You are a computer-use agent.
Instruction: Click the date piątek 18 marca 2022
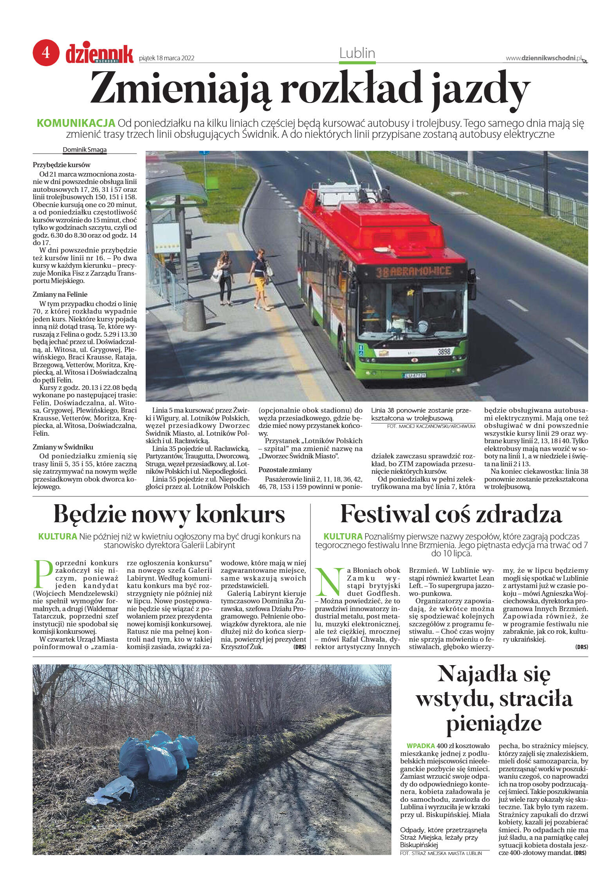(x=167, y=58)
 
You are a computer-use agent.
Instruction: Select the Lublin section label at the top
(x=357, y=53)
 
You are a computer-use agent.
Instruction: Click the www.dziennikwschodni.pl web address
(x=543, y=58)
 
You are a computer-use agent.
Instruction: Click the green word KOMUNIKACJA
(x=76, y=123)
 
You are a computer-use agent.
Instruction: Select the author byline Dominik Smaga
(x=85, y=150)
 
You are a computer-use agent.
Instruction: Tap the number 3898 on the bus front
(x=444, y=352)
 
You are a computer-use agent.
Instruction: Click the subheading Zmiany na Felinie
(x=60, y=294)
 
